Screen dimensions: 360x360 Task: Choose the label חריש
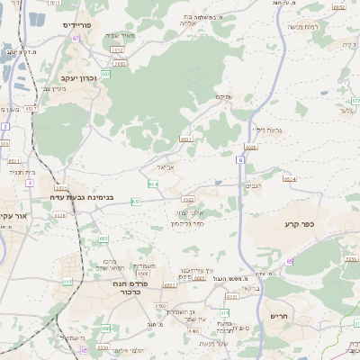point(277,316)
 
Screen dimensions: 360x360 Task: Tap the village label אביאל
point(157,166)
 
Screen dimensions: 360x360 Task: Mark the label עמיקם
point(224,97)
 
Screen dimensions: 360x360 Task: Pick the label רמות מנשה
point(325,27)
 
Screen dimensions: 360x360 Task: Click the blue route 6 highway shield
point(241,159)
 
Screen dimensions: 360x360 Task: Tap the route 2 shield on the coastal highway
point(4,127)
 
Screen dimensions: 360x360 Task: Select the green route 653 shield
point(135,202)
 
